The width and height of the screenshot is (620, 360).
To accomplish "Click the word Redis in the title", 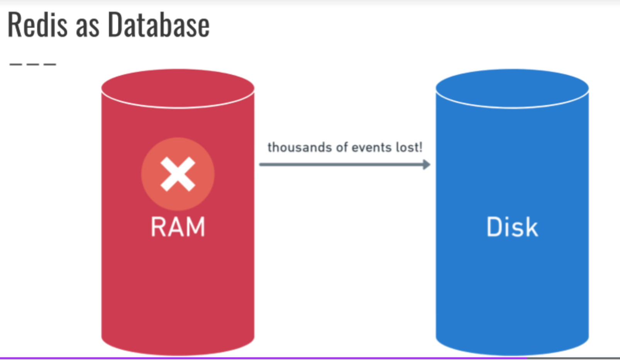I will [37, 25].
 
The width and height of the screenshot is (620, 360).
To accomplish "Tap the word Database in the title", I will [158, 25].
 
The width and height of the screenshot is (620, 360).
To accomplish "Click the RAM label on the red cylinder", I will [178, 227].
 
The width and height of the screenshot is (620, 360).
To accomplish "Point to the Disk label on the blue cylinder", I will [512, 227].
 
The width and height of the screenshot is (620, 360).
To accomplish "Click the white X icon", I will [178, 174].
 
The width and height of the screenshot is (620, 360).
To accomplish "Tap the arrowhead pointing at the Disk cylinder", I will [426, 165].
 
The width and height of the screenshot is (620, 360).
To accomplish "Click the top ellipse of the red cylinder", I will [178, 88].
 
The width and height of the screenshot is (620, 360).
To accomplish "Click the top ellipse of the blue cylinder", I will [512, 88].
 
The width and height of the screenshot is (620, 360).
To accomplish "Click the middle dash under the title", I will [33, 64].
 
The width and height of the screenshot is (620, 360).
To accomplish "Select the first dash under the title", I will [15, 64].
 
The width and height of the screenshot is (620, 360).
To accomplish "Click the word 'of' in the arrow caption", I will [342, 147].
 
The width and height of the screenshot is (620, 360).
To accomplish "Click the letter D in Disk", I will [494, 227].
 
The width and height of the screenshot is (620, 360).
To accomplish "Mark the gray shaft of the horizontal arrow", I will [340, 165].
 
